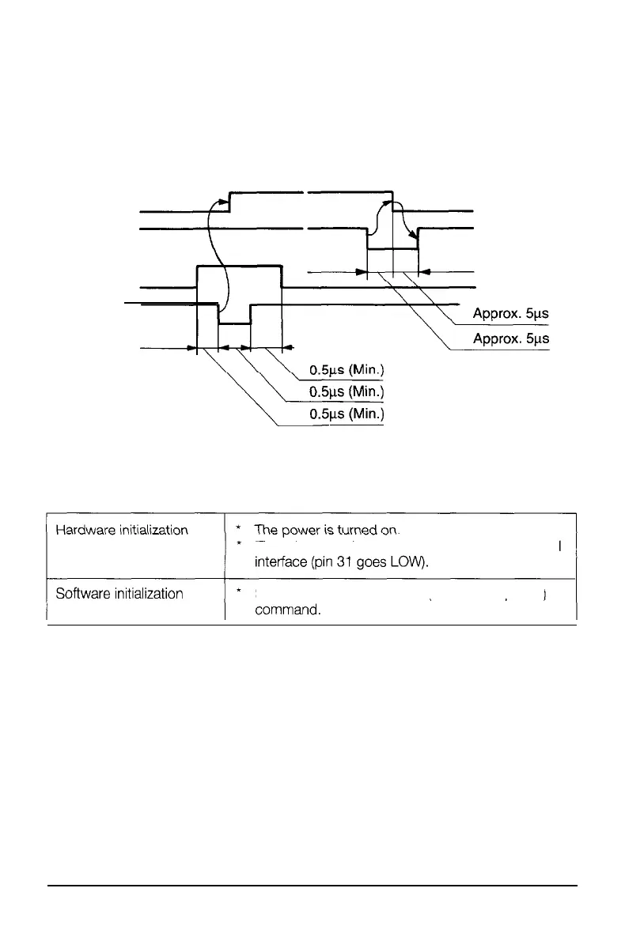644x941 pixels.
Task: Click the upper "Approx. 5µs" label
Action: pyautogui.click(x=510, y=313)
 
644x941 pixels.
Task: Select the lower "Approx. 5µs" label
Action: pyautogui.click(x=510, y=339)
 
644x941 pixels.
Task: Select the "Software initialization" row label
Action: pyautogui.click(x=119, y=594)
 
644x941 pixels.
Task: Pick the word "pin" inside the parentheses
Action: pyautogui.click(x=326, y=565)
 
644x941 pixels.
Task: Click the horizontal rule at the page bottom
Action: pyautogui.click(x=313, y=886)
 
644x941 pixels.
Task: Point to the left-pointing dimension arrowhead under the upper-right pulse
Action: pyautogui.click(x=422, y=272)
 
